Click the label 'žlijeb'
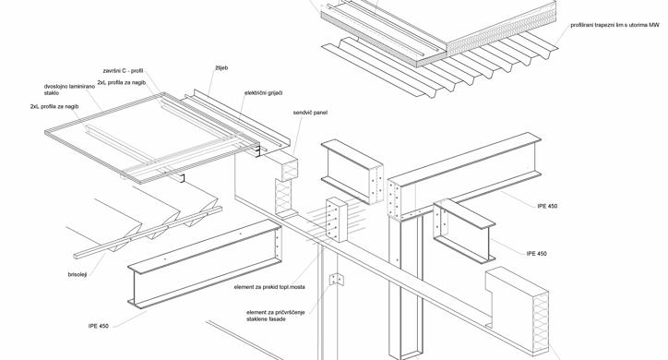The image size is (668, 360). click(221, 68)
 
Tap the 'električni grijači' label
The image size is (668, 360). click(263, 93)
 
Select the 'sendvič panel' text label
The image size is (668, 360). click(310, 113)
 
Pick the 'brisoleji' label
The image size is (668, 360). click(78, 275)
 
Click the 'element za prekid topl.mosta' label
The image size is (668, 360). click(269, 287)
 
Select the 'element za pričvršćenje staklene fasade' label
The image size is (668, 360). click(276, 316)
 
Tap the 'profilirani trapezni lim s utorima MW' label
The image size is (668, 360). click(615, 26)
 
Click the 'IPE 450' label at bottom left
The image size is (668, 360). click(99, 327)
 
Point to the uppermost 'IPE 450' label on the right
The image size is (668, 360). click(547, 206)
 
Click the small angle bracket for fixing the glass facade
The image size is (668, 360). click(336, 279)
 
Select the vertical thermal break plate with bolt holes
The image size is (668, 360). click(337, 220)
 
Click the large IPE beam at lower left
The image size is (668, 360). click(205, 264)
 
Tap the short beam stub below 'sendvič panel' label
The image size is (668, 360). click(352, 172)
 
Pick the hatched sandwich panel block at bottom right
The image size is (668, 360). click(518, 311)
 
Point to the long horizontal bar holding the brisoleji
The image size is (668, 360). click(148, 233)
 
